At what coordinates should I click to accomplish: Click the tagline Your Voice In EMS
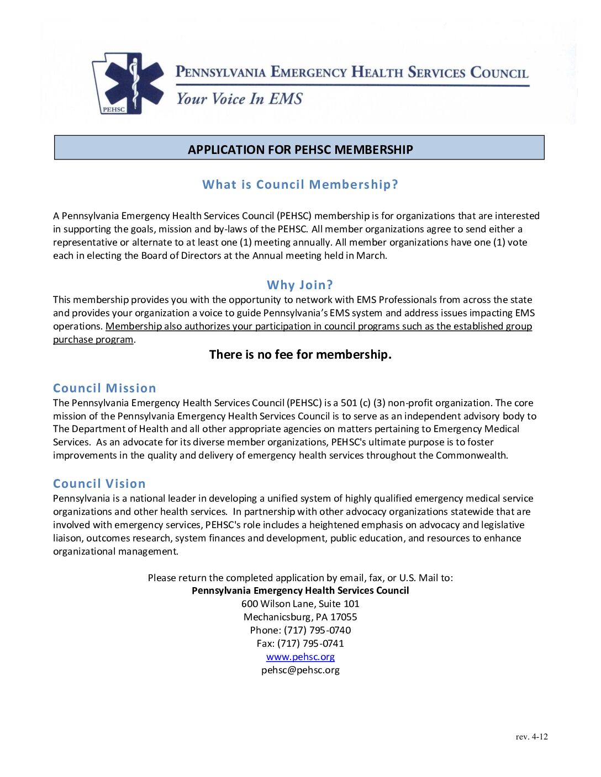[239, 99]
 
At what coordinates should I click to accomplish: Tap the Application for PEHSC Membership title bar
[299, 148]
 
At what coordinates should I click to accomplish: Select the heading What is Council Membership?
[300, 184]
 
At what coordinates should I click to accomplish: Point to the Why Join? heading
[300, 285]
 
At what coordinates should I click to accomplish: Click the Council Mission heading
[104, 388]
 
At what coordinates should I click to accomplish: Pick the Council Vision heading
[99, 483]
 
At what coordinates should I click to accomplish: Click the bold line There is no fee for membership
[300, 354]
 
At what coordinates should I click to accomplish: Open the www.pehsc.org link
[300, 657]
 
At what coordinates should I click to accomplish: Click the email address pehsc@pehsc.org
[300, 670]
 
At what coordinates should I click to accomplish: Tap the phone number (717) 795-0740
[317, 630]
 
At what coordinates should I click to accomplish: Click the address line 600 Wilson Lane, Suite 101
[300, 604]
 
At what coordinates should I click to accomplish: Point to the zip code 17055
[344, 617]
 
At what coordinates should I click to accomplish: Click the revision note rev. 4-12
[531, 737]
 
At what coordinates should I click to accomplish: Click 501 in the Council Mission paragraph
[349, 403]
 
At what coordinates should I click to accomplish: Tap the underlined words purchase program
[93, 339]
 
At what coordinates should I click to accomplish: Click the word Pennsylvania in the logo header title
[220, 72]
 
